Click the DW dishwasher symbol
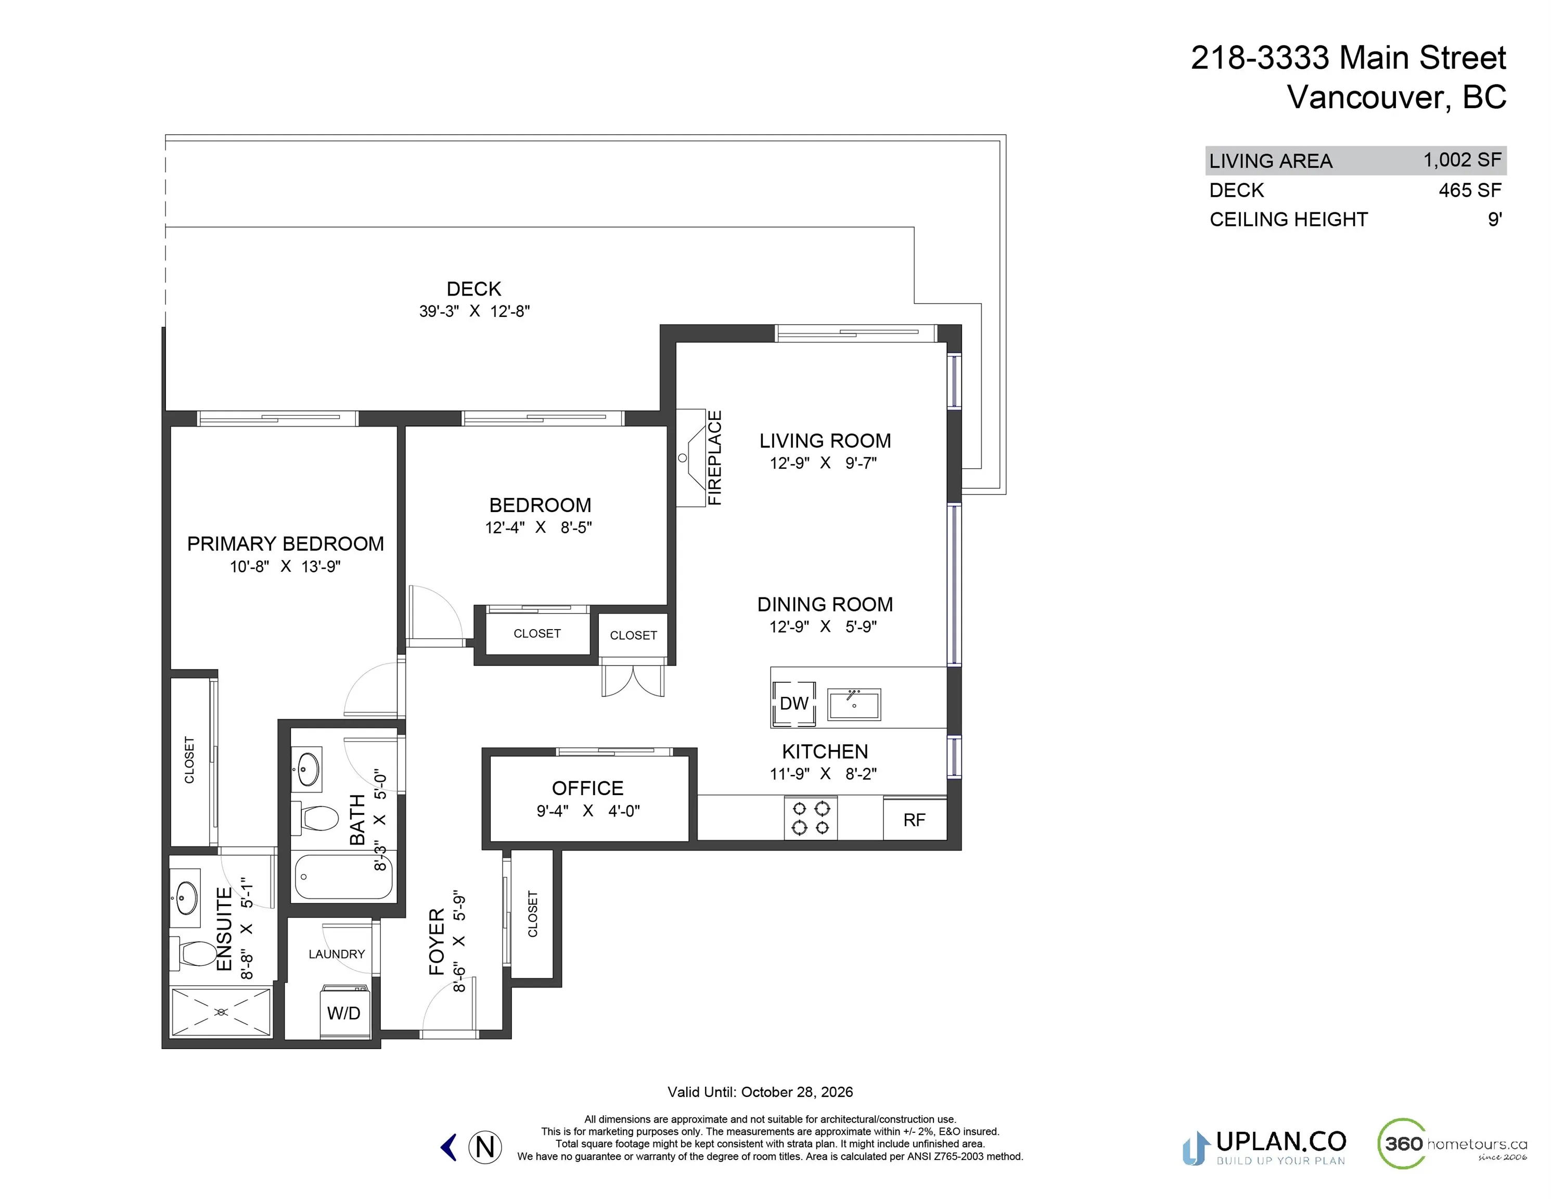tap(794, 703)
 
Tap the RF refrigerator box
tap(915, 820)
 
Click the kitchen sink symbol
tap(854, 705)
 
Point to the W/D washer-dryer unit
tap(344, 1012)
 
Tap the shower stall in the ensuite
tap(221, 1011)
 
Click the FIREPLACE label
tap(714, 458)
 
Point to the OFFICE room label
tap(587, 788)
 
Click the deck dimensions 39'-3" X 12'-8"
tap(475, 311)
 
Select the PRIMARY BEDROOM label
tap(286, 544)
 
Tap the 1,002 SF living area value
tap(1462, 160)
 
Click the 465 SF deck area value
tap(1470, 190)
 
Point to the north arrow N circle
tap(485, 1147)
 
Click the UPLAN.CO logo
tap(1264, 1147)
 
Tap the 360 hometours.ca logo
tap(1452, 1144)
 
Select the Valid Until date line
tap(760, 1092)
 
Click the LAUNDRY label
tap(337, 954)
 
